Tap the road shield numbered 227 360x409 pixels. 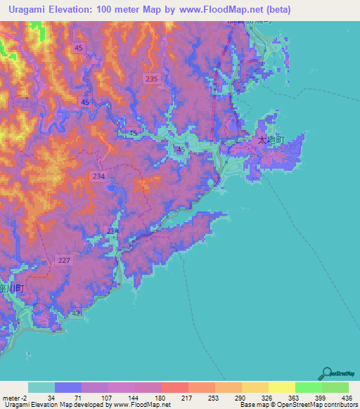pyautogui.click(x=64, y=261)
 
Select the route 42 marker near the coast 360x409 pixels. pyautogui.click(x=76, y=314)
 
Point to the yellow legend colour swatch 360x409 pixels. pyautogui.click(x=281, y=387)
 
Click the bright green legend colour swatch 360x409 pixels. pyautogui.click(x=309, y=387)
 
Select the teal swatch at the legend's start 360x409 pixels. pyautogui.click(x=41, y=387)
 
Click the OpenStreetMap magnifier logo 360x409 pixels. pyautogui.click(x=326, y=373)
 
